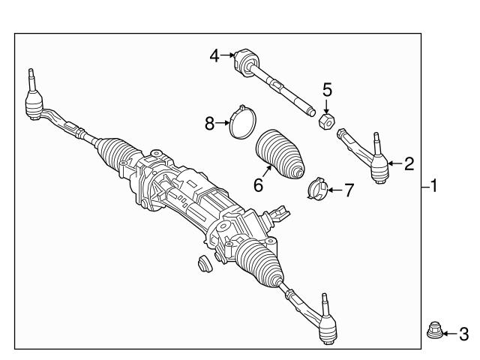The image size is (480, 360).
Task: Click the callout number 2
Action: [409, 163]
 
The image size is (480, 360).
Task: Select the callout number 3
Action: [463, 332]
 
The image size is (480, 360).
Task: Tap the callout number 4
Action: [214, 55]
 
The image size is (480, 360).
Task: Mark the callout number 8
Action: [210, 123]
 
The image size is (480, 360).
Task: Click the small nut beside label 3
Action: [433, 330]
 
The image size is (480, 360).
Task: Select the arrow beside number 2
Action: [395, 163]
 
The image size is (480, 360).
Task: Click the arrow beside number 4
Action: [228, 55]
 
